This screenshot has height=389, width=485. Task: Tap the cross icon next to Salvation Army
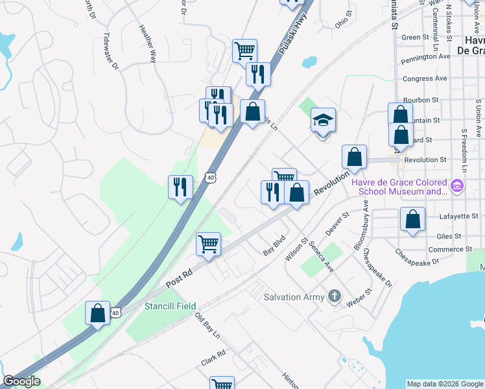[334, 296]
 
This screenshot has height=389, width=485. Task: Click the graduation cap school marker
[323, 121]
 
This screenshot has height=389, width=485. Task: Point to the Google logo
[21, 381]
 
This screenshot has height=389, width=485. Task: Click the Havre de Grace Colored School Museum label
[400, 187]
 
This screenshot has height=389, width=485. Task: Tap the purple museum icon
[458, 187]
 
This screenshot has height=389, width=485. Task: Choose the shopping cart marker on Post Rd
[208, 245]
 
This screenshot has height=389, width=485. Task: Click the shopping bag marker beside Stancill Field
[97, 314]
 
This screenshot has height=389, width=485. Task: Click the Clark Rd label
[213, 357]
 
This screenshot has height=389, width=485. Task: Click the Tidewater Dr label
[112, 51]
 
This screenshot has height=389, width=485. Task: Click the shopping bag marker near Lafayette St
[412, 220]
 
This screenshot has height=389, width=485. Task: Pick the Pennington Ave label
[425, 56]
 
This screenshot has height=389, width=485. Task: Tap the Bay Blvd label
[274, 245]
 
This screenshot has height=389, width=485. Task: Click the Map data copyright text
[444, 384]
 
